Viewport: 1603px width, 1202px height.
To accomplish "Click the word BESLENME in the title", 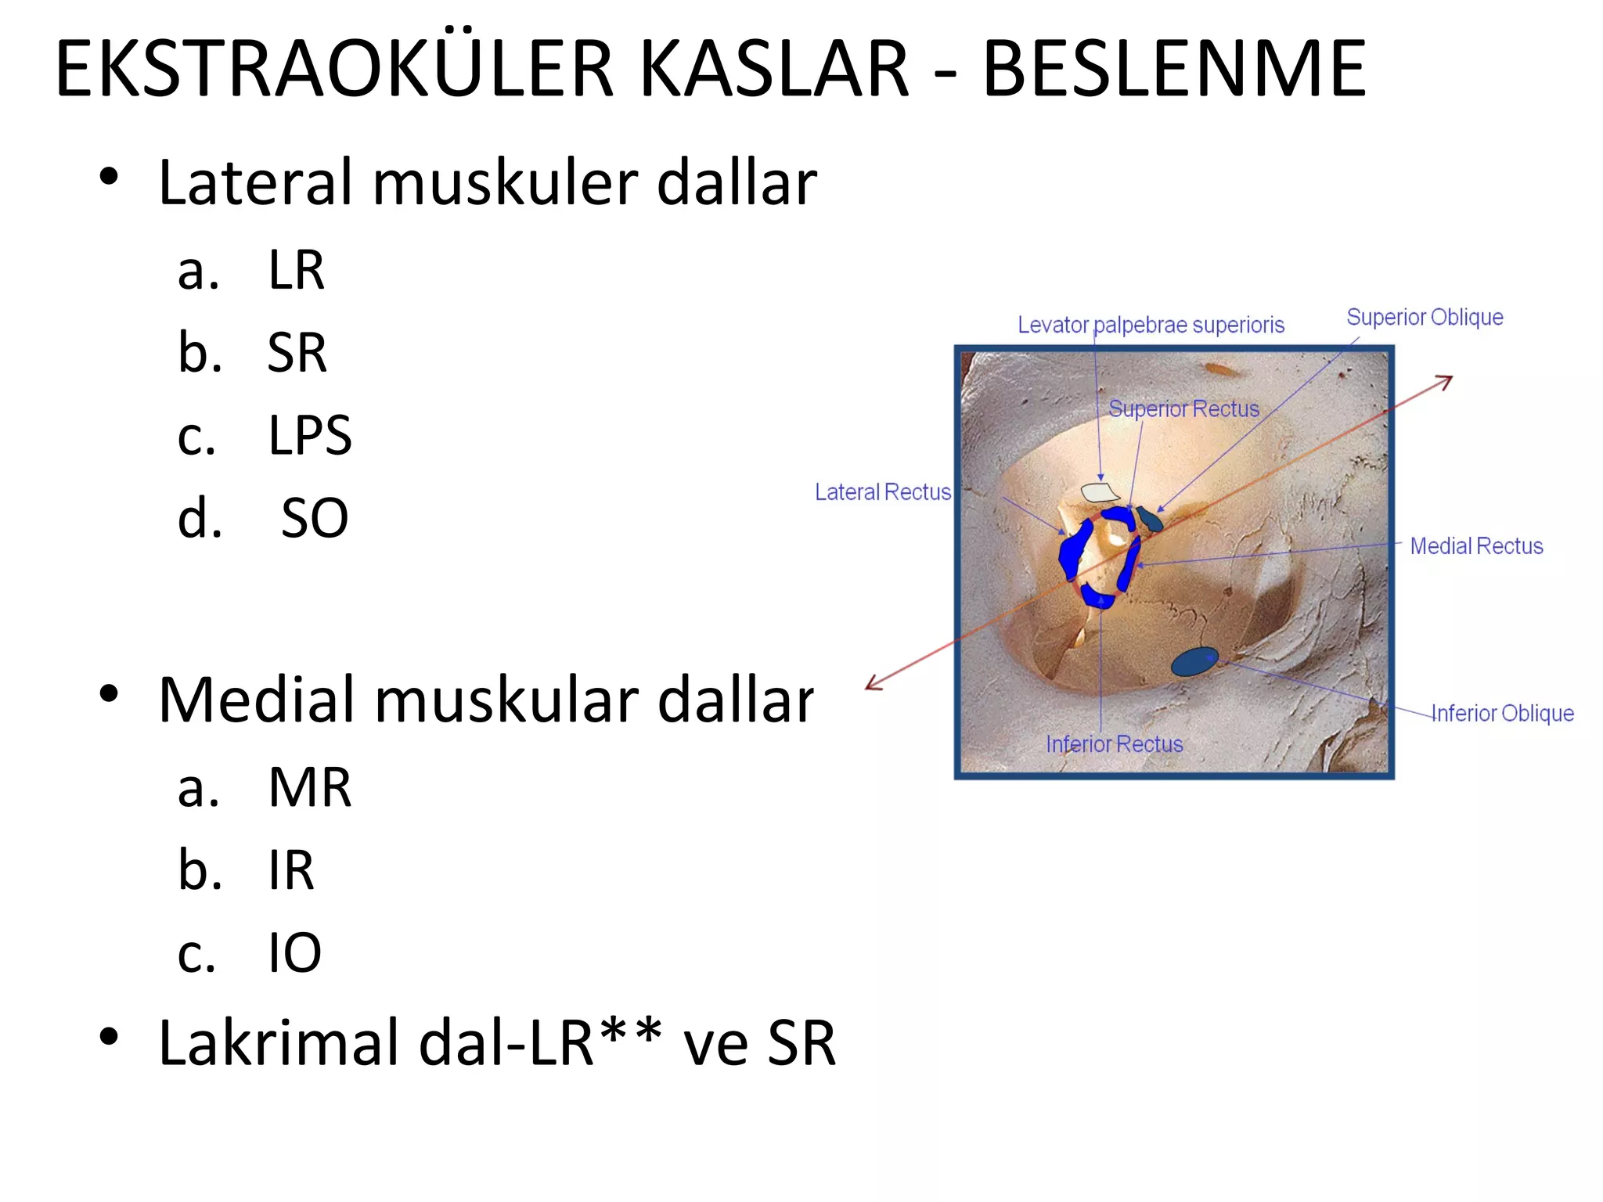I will click(1174, 70).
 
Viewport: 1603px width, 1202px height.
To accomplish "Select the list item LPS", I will click(309, 435).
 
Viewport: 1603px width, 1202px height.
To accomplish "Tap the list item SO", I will click(314, 518).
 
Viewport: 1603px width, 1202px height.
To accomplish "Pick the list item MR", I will click(309, 787).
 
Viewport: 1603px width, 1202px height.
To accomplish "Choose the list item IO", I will click(294, 953).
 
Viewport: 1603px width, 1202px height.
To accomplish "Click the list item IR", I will click(290, 870).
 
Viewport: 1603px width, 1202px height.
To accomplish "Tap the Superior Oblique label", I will click(1425, 317).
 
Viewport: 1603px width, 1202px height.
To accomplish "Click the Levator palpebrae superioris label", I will click(1151, 325).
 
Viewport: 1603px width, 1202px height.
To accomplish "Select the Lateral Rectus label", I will click(882, 492).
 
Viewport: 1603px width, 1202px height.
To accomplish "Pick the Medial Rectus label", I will click(1476, 546).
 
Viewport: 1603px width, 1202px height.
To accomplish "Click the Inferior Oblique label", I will click(1502, 714).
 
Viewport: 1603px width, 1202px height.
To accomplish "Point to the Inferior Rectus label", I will click(1114, 744).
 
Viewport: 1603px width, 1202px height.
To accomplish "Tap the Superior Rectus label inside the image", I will click(1183, 409).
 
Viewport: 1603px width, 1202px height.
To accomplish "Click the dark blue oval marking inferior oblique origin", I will click(1194, 662).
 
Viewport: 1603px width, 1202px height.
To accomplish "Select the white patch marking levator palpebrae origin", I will click(1099, 492).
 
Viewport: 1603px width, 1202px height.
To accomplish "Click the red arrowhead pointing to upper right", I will click(1445, 381).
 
